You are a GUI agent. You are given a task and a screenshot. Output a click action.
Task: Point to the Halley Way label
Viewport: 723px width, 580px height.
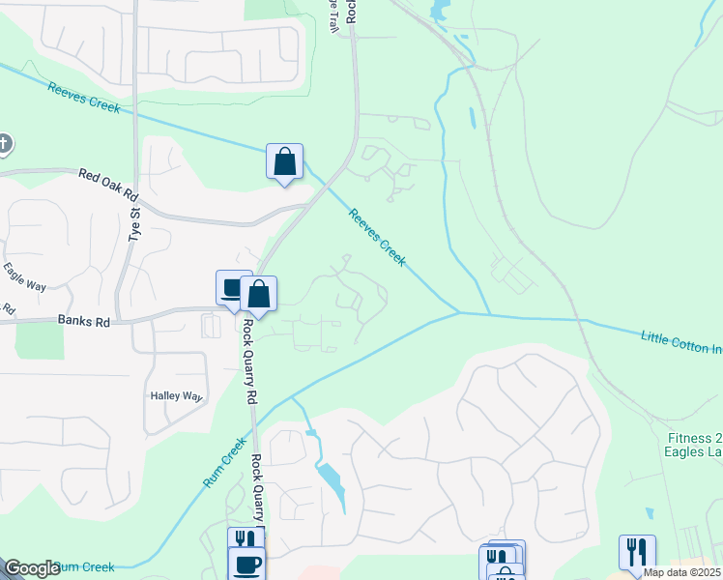click(175, 396)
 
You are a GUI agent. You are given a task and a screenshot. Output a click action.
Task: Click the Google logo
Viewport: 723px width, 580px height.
click(32, 568)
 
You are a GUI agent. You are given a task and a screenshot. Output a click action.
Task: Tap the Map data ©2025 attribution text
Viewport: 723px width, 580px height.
click(681, 572)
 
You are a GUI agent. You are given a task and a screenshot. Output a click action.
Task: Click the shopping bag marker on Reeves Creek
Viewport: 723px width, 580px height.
click(285, 161)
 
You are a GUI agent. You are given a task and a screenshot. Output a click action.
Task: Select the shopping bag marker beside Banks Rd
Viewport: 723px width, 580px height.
click(259, 293)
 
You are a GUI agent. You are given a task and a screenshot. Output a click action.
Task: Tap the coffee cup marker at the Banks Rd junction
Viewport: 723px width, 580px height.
click(232, 287)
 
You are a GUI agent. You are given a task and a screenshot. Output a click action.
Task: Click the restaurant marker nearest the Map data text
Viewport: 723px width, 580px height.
click(637, 552)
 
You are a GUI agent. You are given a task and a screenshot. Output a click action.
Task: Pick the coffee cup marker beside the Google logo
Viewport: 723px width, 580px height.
click(246, 565)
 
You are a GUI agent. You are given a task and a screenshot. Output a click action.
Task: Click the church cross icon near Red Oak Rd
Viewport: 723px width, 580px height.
click(3, 145)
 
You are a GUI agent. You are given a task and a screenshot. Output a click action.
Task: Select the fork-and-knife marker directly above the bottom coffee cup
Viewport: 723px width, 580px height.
click(245, 539)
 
